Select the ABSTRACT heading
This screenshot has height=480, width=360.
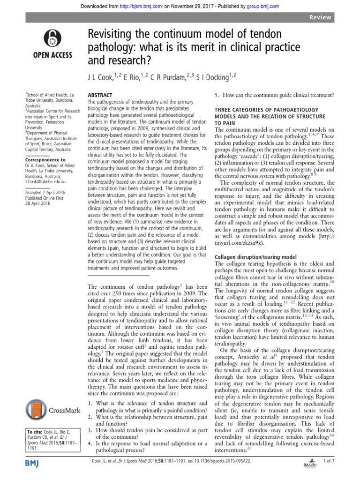(x=101, y=94)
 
